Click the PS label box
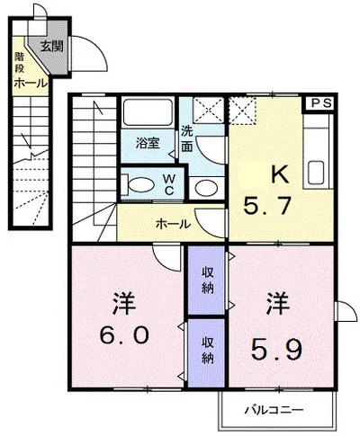click(x=321, y=103)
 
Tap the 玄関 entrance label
click(x=51, y=46)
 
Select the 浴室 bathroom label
click(x=148, y=143)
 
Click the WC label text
click(x=169, y=185)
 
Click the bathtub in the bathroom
click(x=148, y=112)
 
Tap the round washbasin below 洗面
click(x=206, y=188)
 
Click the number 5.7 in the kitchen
click(x=267, y=206)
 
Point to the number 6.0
click(x=124, y=334)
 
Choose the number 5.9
click(x=275, y=350)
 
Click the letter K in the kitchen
click(x=280, y=174)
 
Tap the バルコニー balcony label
click(x=274, y=409)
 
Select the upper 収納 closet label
click(x=207, y=280)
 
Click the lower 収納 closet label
click(x=207, y=350)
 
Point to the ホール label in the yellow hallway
click(x=174, y=224)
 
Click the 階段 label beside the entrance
click(x=19, y=63)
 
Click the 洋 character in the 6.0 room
click(x=124, y=304)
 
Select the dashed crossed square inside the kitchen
click(x=242, y=111)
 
